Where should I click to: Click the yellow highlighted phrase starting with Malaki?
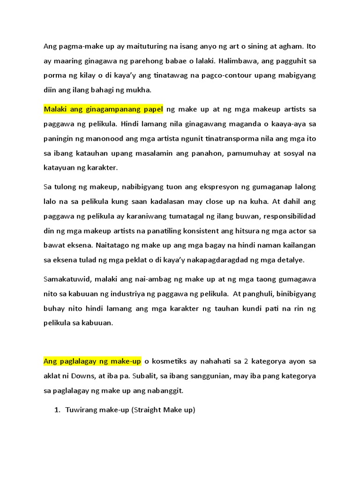pos(103,109)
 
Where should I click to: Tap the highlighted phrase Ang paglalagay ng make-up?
pos(92,361)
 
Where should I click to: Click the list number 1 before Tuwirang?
pos(57,410)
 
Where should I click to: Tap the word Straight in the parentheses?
pos(148,410)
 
